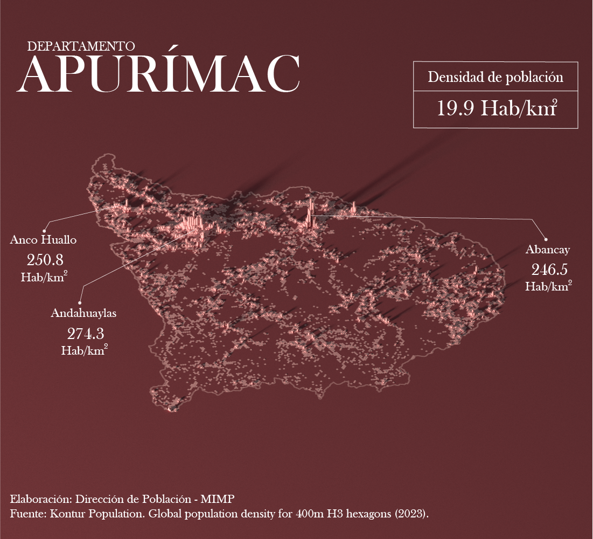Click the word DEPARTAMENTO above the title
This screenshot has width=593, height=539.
[81, 46]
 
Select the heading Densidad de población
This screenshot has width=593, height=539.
[496, 77]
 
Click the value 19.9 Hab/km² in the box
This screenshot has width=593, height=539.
[496, 108]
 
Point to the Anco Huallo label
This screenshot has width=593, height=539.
[43, 240]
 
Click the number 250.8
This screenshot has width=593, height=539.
[45, 260]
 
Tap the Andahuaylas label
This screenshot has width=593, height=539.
[83, 313]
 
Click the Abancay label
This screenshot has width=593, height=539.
[548, 250]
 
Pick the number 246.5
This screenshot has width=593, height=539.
[549, 269]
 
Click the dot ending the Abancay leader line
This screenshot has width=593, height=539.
[546, 239]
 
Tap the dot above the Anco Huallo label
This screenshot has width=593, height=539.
[45, 230]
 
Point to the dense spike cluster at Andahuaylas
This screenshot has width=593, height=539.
[193, 226]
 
